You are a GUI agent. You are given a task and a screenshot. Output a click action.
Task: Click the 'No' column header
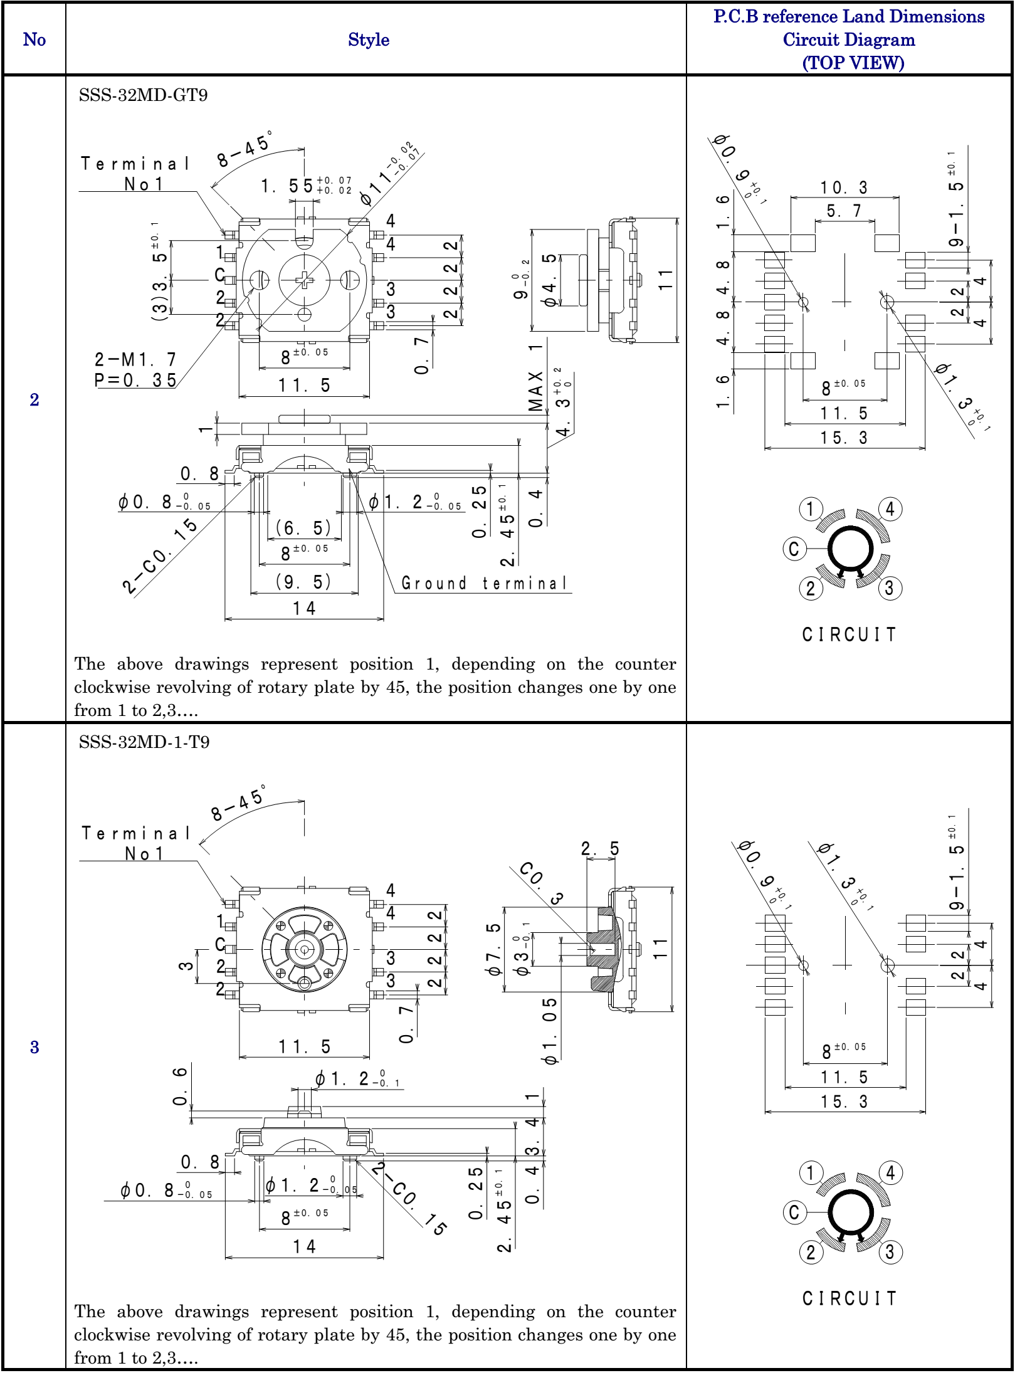pyautogui.click(x=34, y=39)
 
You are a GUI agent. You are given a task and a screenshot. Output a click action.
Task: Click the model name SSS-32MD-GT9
pyautogui.click(x=143, y=95)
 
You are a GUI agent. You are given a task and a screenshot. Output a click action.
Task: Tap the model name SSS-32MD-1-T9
pyautogui.click(x=144, y=742)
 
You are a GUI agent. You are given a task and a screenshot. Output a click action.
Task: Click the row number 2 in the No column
pyautogui.click(x=34, y=400)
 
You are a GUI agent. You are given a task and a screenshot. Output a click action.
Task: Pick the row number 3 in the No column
pyautogui.click(x=34, y=1047)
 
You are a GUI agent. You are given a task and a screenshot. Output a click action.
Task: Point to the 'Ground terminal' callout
pyautogui.click(x=484, y=584)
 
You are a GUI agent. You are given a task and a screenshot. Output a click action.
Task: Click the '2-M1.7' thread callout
pyautogui.click(x=135, y=360)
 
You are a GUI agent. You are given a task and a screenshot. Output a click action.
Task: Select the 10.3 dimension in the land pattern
pyautogui.click(x=844, y=187)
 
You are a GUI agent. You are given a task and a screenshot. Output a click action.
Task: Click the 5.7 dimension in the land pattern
pyautogui.click(x=844, y=211)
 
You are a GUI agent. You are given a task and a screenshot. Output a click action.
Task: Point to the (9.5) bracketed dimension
pyautogui.click(x=303, y=582)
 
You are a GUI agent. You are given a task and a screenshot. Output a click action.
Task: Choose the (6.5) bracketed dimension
pyautogui.click(x=303, y=528)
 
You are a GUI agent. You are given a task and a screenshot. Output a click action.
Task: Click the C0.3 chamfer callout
pyautogui.click(x=541, y=883)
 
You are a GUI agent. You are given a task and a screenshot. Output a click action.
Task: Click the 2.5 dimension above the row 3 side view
pyautogui.click(x=600, y=849)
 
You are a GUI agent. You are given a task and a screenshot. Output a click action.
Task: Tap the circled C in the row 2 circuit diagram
pyautogui.click(x=794, y=549)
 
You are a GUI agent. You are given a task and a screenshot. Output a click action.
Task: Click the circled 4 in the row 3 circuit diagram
pyautogui.click(x=890, y=1172)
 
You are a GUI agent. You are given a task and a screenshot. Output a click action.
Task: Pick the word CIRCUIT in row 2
pyautogui.click(x=849, y=634)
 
